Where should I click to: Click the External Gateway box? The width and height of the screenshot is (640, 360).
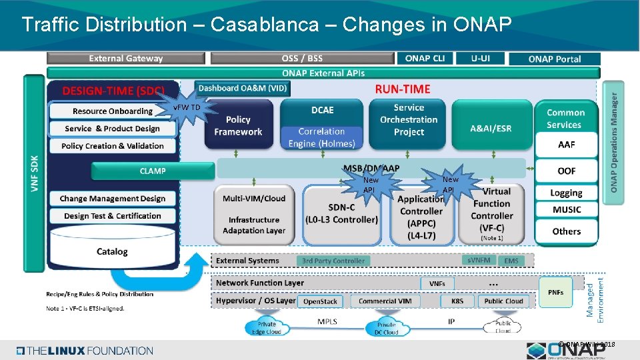click(126, 59)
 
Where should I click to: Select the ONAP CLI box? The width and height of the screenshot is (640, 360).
click(425, 59)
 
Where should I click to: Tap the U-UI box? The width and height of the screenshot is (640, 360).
click(480, 59)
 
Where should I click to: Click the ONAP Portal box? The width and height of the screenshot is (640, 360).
click(554, 59)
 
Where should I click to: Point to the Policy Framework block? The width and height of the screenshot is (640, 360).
click(238, 125)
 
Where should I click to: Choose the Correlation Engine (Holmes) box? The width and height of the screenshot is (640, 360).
click(321, 137)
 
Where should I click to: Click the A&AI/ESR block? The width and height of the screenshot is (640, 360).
click(491, 128)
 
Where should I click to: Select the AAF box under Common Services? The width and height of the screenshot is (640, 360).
click(566, 145)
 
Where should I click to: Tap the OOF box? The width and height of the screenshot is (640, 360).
click(566, 171)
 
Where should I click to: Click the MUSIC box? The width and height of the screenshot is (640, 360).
click(566, 209)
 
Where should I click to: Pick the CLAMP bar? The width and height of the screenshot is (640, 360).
click(153, 171)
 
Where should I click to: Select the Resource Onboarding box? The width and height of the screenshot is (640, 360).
click(112, 111)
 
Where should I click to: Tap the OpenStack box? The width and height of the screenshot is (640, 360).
click(320, 301)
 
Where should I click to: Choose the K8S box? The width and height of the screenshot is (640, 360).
click(457, 301)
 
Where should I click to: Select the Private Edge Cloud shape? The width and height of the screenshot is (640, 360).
click(266, 328)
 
